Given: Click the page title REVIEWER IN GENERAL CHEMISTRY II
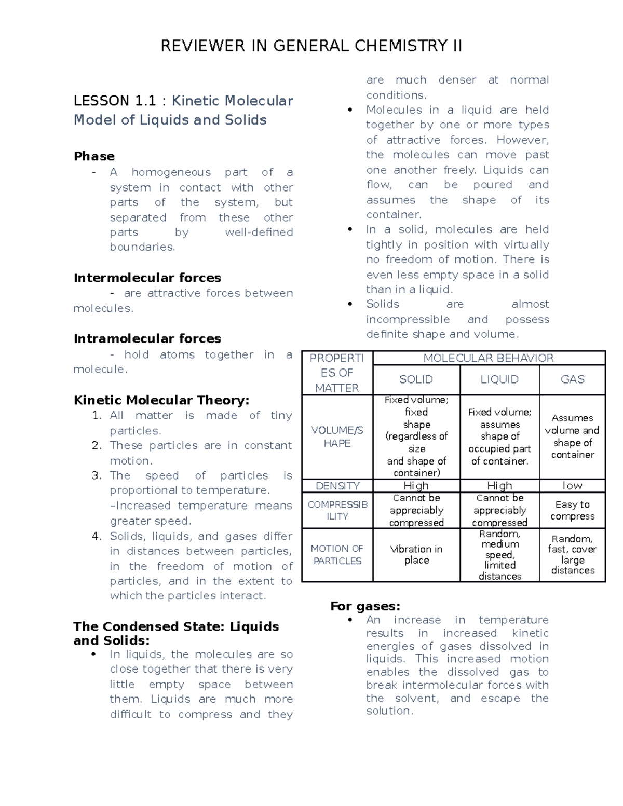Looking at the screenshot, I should [x=311, y=46].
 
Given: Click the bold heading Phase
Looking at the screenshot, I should [x=94, y=156].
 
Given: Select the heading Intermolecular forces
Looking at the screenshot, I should [x=147, y=278].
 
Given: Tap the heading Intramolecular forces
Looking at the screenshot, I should [x=147, y=339].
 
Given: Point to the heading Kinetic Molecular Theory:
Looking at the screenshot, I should [x=161, y=400].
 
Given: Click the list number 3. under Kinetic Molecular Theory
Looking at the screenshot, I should [x=97, y=475].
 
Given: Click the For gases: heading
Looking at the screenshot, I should [x=365, y=606].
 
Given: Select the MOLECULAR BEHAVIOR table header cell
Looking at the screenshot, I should [x=489, y=358].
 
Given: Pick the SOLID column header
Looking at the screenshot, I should [x=416, y=379].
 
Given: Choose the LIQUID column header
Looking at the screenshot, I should [x=499, y=379].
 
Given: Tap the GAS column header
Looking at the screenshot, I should [x=572, y=379].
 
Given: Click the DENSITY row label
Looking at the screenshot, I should [x=337, y=486].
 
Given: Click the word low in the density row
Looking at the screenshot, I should [x=572, y=486].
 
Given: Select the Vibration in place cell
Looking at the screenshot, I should [x=416, y=554].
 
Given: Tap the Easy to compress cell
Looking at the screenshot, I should [x=572, y=510].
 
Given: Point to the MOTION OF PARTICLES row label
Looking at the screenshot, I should [x=337, y=554].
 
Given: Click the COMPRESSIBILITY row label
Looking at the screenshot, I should [x=337, y=510].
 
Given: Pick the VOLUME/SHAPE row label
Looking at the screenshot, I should [x=337, y=436].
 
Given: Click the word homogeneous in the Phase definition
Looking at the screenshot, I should [x=171, y=172].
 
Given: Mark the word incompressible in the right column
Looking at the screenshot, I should [x=408, y=320].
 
